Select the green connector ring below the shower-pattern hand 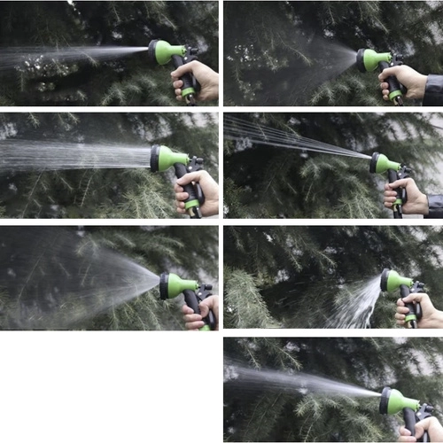point(191,205)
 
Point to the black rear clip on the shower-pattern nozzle point(196,164)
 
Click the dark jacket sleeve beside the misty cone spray point(433,89)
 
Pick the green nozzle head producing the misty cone point(371,60)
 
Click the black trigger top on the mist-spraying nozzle point(396,59)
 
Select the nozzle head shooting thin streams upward point(383,163)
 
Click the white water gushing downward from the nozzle point(360,306)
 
